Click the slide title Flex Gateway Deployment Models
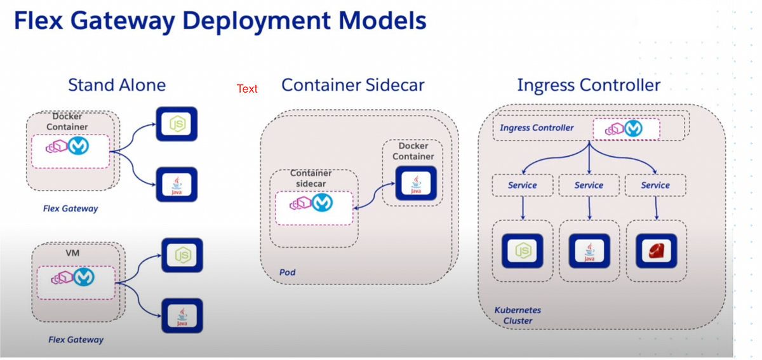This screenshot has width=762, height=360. [x=220, y=21]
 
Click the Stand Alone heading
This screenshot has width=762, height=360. [x=117, y=85]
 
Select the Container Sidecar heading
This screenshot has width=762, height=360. [x=353, y=85]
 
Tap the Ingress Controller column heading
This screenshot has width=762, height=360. [x=589, y=85]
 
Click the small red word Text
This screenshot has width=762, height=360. [x=247, y=89]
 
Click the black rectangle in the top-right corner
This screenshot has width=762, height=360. [x=674, y=22]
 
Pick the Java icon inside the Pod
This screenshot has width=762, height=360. [x=415, y=183]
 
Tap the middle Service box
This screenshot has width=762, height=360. [x=589, y=185]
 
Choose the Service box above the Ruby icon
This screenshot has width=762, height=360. [x=655, y=185]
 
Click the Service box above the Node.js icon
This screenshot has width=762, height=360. [x=522, y=185]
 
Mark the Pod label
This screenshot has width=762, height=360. [x=288, y=272]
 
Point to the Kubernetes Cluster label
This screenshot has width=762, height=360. [x=518, y=315]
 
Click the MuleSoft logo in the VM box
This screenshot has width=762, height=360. [x=83, y=277]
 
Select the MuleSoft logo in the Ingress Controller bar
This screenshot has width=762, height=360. [x=632, y=128]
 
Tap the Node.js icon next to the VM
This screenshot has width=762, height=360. [x=182, y=255]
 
